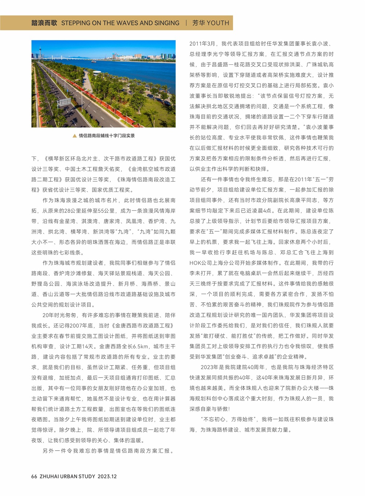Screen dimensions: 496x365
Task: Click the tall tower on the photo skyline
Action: (x=41, y=51)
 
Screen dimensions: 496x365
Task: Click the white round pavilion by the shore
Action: (x=97, y=73)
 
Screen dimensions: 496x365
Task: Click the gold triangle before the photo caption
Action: (x=74, y=136)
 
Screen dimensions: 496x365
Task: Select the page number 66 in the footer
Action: (x=34, y=476)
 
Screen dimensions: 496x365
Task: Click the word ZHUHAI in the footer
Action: (x=49, y=476)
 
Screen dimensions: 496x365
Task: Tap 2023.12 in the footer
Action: (x=107, y=476)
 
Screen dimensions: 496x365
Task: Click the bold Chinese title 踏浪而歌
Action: (x=44, y=23)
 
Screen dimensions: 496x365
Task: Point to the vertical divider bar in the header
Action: (x=186, y=23)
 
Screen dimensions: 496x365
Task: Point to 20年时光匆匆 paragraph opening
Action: (x=61, y=315)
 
